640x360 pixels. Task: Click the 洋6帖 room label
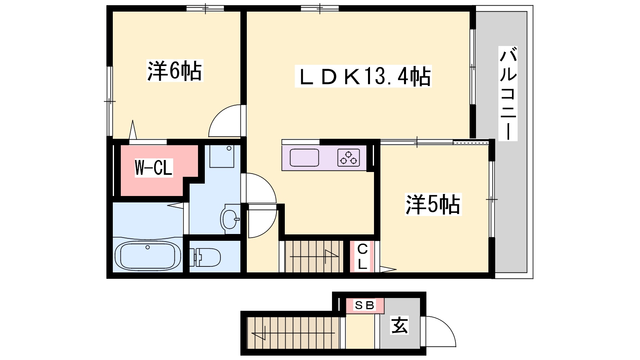tap(174, 70)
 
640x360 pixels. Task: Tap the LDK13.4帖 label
tap(363, 76)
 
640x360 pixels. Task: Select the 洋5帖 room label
tap(433, 204)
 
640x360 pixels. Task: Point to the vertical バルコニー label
tap(508, 94)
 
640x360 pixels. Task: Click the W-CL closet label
tap(154, 168)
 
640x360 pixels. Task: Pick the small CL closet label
tap(362, 256)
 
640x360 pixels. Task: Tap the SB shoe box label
tap(364, 305)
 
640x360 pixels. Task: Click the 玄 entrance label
tap(399, 325)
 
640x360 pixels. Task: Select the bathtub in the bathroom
tap(148, 256)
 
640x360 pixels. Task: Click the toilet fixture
tap(205, 257)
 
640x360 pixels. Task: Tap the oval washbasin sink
tap(230, 219)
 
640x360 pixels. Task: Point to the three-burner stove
tap(348, 158)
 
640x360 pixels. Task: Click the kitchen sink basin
tap(304, 158)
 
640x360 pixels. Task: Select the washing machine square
tap(222, 156)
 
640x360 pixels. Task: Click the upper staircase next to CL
tap(314, 256)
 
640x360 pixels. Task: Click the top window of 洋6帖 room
tap(205, 8)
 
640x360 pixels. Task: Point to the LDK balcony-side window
tap(473, 67)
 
